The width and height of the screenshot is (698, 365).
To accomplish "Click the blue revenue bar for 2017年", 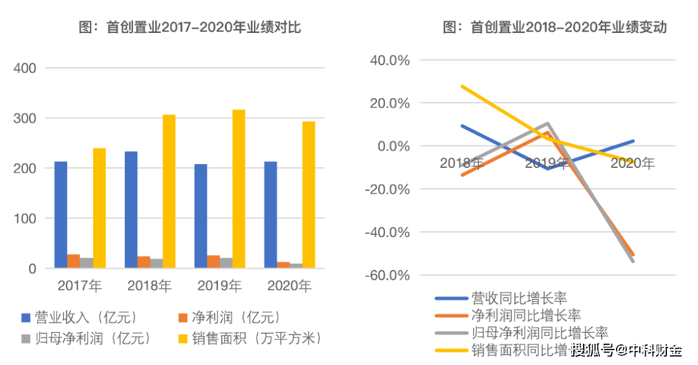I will (x=61, y=214).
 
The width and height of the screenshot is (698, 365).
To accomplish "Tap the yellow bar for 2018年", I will (x=169, y=191).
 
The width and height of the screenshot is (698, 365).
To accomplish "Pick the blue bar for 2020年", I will (x=271, y=214).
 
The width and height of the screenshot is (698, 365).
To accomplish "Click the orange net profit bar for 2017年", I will (x=74, y=261).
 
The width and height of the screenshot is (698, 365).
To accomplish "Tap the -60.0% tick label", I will (x=388, y=275).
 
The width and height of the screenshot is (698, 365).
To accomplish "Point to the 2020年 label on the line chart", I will (x=632, y=163).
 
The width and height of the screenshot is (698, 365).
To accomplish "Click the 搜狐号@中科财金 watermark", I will (x=626, y=351).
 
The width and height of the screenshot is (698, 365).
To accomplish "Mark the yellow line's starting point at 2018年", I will (x=462, y=86).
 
